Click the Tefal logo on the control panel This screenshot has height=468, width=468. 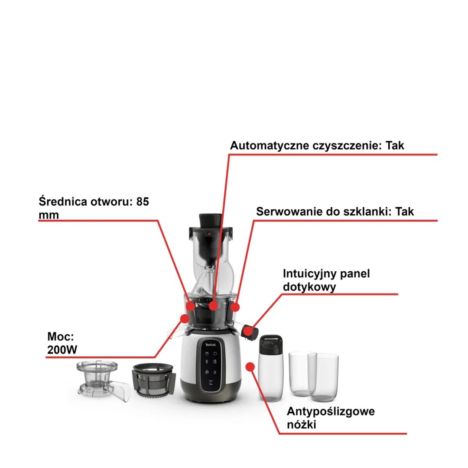click(x=210, y=345)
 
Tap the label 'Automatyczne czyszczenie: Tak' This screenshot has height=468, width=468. click(x=317, y=146)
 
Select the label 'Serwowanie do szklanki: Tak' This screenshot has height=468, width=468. click(x=335, y=211)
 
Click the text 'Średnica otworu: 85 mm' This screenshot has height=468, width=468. click(x=94, y=208)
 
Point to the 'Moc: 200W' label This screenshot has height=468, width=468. click(x=62, y=343)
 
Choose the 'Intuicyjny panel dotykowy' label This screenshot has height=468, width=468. click(x=326, y=280)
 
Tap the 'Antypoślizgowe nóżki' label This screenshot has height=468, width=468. click(x=331, y=418)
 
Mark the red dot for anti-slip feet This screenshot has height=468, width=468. click(x=250, y=367)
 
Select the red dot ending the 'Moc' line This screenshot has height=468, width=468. click(x=185, y=318)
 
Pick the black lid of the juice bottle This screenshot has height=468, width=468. click(x=270, y=344)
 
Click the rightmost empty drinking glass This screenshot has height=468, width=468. click(x=324, y=377)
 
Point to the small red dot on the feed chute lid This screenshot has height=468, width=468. click(x=209, y=234)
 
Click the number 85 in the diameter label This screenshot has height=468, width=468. click(x=143, y=202)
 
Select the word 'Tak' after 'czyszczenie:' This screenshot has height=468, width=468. click(x=395, y=146)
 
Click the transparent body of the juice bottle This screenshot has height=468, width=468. click(x=270, y=377)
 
